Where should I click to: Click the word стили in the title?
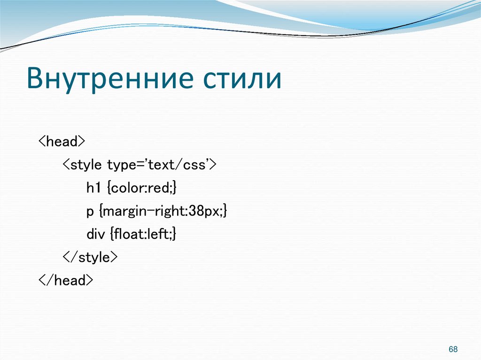tap(242, 79)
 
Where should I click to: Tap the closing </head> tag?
tap(66, 281)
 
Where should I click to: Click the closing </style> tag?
tap(90, 258)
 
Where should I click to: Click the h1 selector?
tap(94, 188)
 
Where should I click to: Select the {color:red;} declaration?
tap(141, 188)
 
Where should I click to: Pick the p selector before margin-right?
tap(90, 212)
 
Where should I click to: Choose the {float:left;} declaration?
tap(143, 234)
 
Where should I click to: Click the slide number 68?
tap(453, 350)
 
